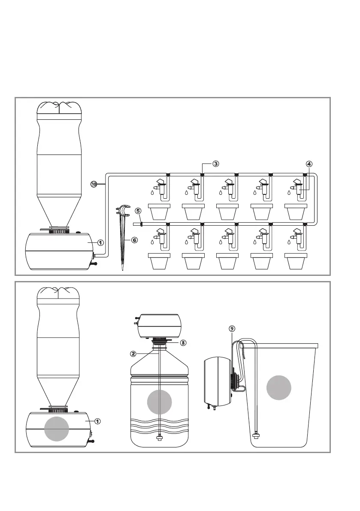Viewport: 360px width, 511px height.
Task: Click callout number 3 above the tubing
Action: coord(216,163)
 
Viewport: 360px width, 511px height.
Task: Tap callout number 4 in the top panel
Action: coord(309,163)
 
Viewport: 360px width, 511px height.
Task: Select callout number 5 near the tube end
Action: coord(138,211)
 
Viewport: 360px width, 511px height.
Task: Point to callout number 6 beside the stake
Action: coord(134,240)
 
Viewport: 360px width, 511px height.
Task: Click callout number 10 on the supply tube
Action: coord(94,184)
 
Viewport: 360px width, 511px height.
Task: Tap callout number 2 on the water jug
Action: coord(133,354)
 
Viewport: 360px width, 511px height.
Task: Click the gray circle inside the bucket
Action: coord(279,389)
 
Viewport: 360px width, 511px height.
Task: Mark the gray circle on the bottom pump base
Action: coord(57,429)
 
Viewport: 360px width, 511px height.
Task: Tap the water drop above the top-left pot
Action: coord(152,193)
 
